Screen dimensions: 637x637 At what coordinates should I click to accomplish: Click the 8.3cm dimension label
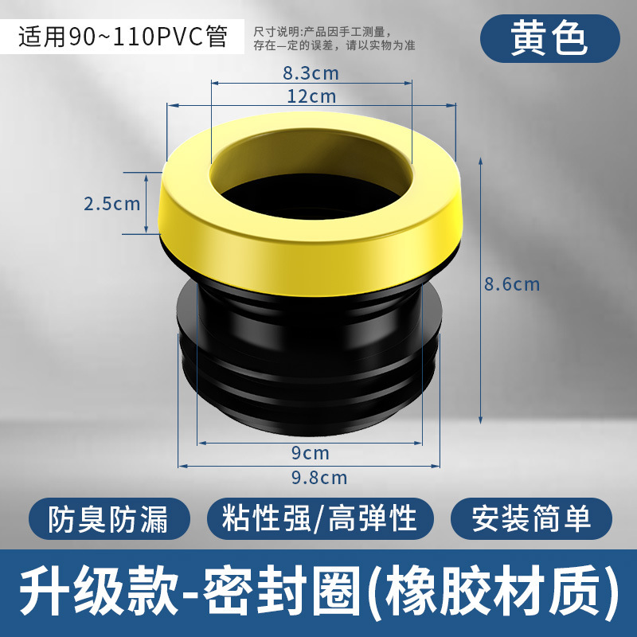[311, 74]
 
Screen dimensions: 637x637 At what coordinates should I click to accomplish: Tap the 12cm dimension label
[311, 96]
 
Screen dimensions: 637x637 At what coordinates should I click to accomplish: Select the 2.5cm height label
[111, 203]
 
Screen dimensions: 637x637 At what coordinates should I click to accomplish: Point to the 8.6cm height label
[512, 284]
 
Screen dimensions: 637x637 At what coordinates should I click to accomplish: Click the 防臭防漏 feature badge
[107, 519]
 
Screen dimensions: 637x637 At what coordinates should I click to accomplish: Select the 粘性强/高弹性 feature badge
[320, 519]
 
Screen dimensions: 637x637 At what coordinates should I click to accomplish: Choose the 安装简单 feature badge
[531, 519]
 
